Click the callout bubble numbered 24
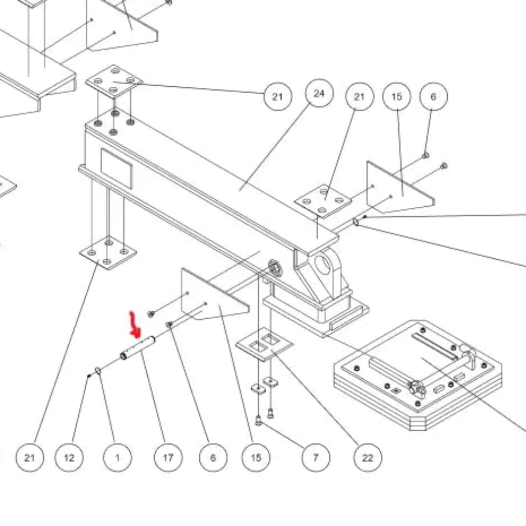(319, 93)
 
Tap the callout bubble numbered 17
(168, 458)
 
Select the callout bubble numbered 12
(69, 458)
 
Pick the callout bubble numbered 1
(117, 458)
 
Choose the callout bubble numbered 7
(316, 458)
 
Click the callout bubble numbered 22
(368, 458)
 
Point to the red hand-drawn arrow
(135, 324)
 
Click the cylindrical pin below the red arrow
(137, 348)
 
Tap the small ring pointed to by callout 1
(98, 370)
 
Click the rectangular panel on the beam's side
(116, 168)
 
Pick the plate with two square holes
(265, 344)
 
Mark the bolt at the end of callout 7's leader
(258, 420)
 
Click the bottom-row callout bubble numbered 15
(256, 458)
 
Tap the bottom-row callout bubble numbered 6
(213, 458)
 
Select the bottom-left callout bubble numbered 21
(29, 458)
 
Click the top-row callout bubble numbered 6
(433, 97)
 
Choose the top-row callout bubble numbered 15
(397, 97)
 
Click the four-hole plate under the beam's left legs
(108, 252)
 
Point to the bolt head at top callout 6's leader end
(426, 155)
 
